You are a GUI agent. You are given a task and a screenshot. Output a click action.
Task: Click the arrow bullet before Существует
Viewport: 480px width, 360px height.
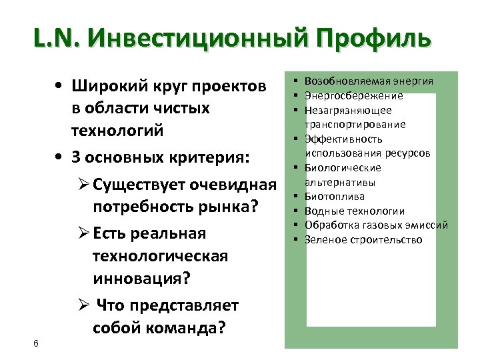tap(84, 185)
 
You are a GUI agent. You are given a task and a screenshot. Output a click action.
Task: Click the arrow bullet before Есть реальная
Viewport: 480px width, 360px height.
tap(84, 233)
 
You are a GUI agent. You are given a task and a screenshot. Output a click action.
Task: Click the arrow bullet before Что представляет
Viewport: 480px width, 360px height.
tap(84, 305)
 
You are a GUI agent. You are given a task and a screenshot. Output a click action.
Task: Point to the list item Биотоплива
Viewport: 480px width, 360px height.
tap(334, 197)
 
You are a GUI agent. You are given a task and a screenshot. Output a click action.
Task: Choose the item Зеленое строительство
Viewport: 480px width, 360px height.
tap(363, 239)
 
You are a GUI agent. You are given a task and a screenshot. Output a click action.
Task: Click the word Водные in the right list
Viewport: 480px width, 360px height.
tap(322, 211)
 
